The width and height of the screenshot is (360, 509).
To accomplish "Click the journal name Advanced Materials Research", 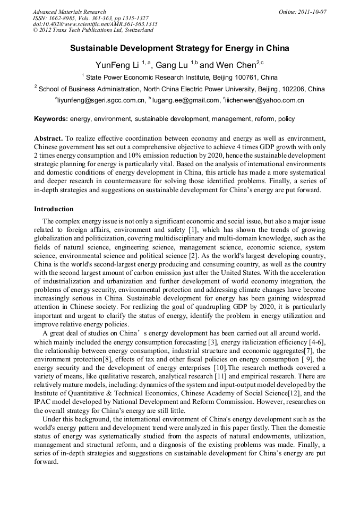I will [x=69, y=12].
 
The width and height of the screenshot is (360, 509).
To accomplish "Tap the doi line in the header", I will [x=95, y=24].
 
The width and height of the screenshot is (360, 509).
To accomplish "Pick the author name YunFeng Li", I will [x=117, y=65].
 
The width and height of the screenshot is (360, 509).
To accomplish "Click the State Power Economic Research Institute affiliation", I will [x=159, y=77].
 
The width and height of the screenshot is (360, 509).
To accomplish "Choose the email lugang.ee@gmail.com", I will [x=185, y=100].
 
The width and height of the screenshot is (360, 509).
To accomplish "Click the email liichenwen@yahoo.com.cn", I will [x=265, y=100].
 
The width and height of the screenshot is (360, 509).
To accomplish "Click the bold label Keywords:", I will [x=51, y=119].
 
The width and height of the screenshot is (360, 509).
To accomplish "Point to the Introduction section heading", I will [x=54, y=209].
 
